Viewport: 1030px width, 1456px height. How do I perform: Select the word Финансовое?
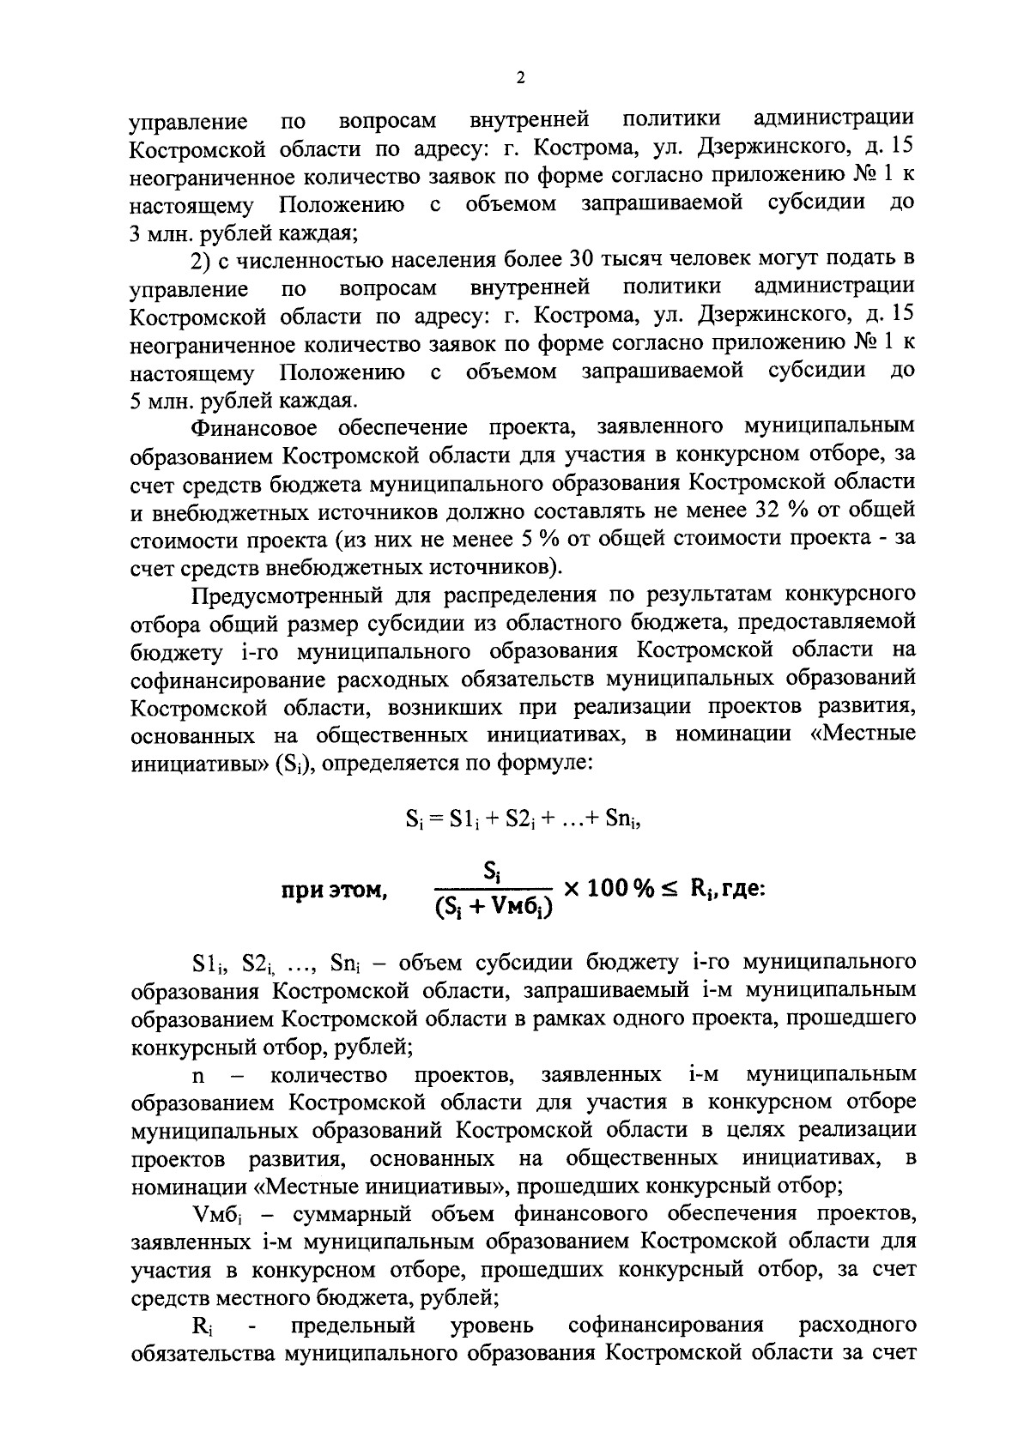pos(255,426)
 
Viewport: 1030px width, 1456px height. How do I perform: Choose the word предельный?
pos(354,1326)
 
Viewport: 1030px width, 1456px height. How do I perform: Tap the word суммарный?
pos(348,1214)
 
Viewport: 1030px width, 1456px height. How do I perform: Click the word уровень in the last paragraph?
pos(492,1326)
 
